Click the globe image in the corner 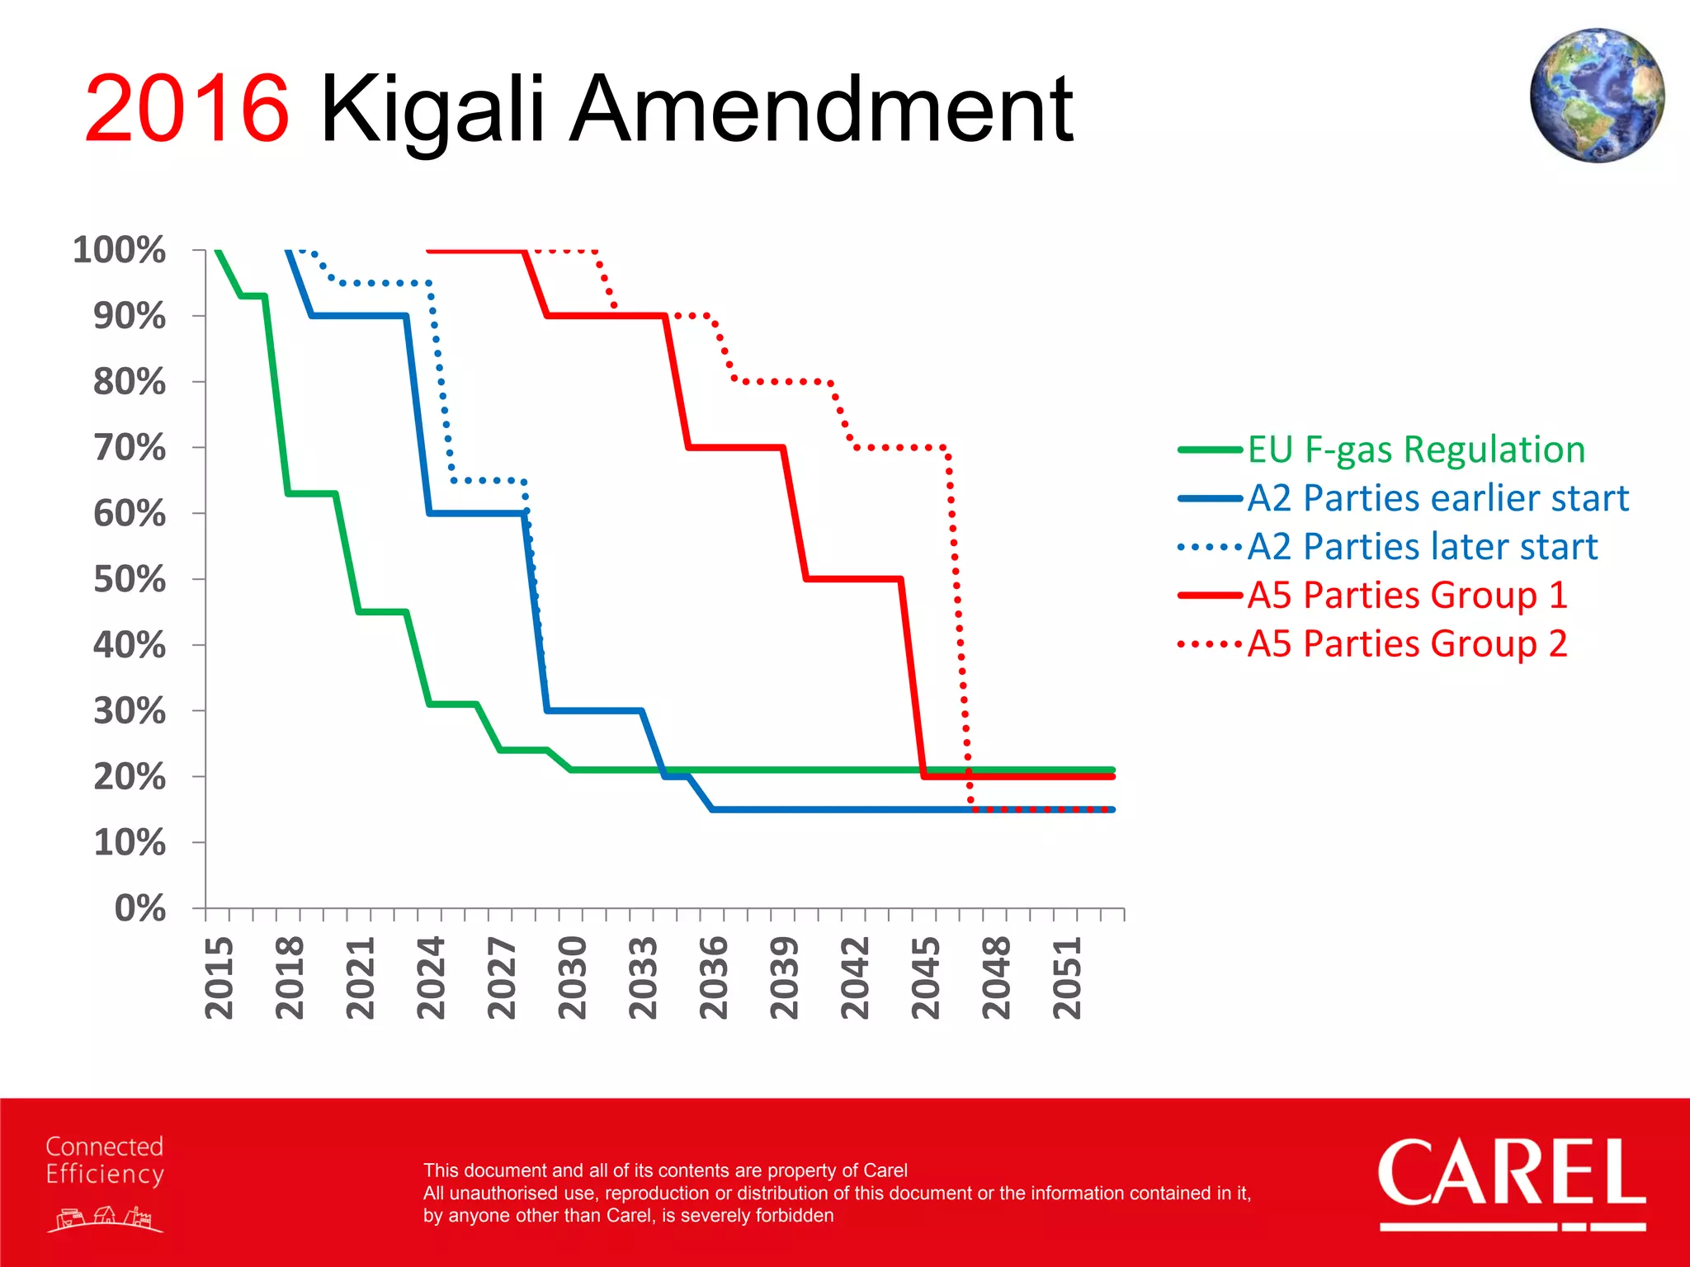pyautogui.click(x=1596, y=95)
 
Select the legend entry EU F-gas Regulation pyautogui.click(x=1415, y=450)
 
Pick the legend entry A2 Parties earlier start pyautogui.click(x=1437, y=498)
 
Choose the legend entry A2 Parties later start pyautogui.click(x=1422, y=547)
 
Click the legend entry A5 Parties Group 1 pyautogui.click(x=1407, y=596)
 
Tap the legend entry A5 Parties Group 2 pyautogui.click(x=1407, y=643)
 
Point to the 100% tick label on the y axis pyautogui.click(x=120, y=250)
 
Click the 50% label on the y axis pyautogui.click(x=130, y=579)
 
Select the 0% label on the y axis pyautogui.click(x=140, y=908)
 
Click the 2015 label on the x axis pyautogui.click(x=219, y=977)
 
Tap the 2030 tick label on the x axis pyautogui.click(x=572, y=977)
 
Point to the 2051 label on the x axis pyautogui.click(x=1066, y=977)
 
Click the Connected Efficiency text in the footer pyautogui.click(x=105, y=1160)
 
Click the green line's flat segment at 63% pyautogui.click(x=311, y=493)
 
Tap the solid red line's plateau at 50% pyautogui.click(x=852, y=579)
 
